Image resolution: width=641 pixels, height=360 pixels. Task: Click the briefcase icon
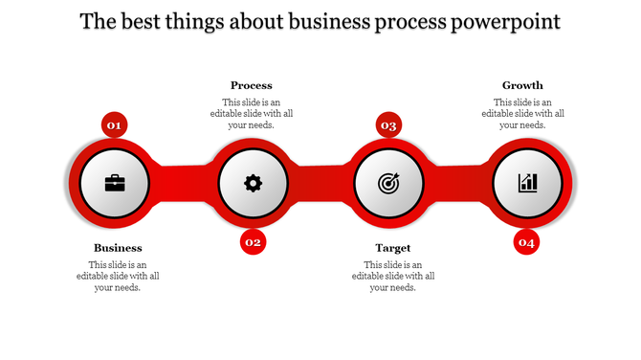coord(115,182)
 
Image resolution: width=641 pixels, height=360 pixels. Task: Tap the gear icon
coord(253,182)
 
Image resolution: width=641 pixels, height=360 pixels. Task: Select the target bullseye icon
coord(389,182)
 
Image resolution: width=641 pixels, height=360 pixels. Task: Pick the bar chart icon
coord(527,182)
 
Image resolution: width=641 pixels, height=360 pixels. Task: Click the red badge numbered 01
coord(114,124)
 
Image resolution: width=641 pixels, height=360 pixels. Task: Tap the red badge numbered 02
coord(253,242)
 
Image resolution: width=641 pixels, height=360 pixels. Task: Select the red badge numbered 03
coord(388,124)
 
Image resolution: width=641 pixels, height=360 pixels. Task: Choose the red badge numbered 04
coord(526,243)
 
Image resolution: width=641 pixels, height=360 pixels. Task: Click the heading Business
coord(118,248)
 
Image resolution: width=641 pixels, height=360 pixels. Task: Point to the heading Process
coord(252,85)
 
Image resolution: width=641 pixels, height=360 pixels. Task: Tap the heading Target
coord(393,248)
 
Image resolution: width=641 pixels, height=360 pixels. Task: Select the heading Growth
coord(522,85)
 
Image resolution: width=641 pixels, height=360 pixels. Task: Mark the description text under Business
coord(118,276)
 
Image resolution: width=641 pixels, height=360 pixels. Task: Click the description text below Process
coord(252,113)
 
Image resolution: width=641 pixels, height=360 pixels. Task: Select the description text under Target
coord(393,276)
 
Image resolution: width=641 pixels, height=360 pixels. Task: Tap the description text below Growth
coord(522,113)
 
